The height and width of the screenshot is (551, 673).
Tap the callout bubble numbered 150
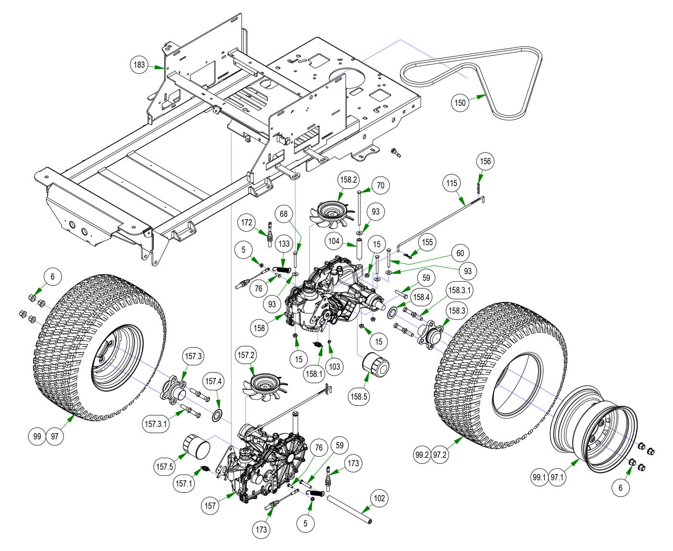click(x=461, y=103)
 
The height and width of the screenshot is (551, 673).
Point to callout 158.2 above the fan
click(x=349, y=179)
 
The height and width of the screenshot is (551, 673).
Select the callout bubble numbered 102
click(x=380, y=499)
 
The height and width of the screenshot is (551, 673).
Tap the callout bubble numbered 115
click(x=452, y=183)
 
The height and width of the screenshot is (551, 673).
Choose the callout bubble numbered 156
click(x=486, y=161)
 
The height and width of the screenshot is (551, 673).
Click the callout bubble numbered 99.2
click(x=423, y=454)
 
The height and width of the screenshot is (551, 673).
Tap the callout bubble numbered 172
click(x=248, y=222)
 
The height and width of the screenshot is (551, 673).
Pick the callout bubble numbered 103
click(x=335, y=366)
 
